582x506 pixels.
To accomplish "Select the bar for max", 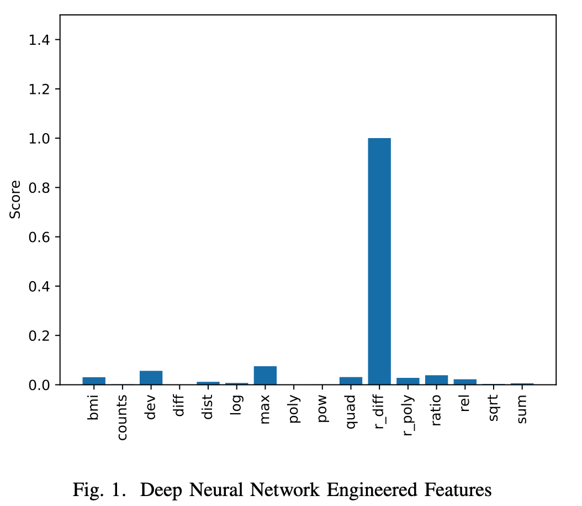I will click(265, 376).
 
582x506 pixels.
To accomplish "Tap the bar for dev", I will click(151, 378).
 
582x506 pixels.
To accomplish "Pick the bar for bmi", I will click(94, 381).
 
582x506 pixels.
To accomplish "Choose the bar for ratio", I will click(436, 379).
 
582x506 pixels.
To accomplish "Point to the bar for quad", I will click(351, 381).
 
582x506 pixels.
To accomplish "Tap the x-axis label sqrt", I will click(494, 408).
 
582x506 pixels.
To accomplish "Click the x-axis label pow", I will click(322, 408).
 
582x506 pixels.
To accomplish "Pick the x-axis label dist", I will click(208, 407).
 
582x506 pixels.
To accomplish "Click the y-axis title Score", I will click(15, 199).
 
